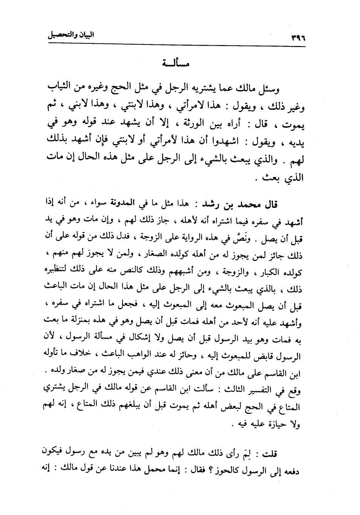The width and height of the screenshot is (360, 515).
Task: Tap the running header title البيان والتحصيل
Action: pos(70,36)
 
